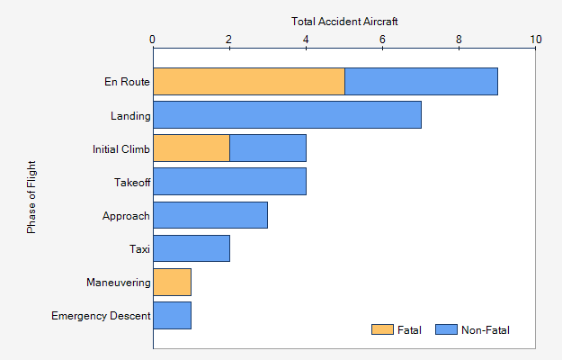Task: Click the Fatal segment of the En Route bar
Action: tap(249, 81)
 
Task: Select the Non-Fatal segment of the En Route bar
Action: tap(421, 81)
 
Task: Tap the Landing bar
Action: tap(287, 115)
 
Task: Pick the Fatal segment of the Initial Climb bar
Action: tap(192, 148)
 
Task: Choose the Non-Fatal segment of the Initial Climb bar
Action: tap(268, 148)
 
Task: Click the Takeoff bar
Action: tap(229, 182)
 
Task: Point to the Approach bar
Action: tap(210, 215)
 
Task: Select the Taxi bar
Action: tap(192, 248)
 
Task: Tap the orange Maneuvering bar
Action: tap(172, 282)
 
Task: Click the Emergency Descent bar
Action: tap(172, 315)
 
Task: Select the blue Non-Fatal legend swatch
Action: tap(446, 330)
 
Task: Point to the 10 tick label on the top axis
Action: tap(536, 40)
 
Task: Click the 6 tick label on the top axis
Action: tap(383, 40)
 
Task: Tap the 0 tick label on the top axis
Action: tap(153, 40)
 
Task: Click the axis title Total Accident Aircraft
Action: tap(344, 21)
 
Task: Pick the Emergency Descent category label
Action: tap(101, 316)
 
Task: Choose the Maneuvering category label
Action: tap(118, 283)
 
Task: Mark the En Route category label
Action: tap(127, 82)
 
